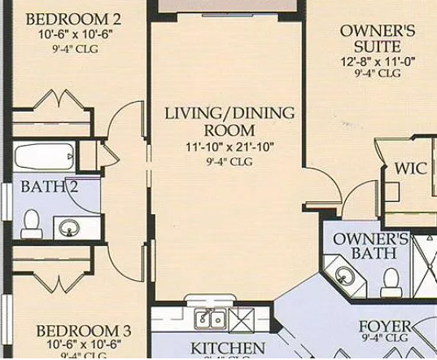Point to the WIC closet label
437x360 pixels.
click(409, 169)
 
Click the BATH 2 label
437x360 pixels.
click(50, 187)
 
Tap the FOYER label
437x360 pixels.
click(385, 327)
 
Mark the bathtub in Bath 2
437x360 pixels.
click(45, 156)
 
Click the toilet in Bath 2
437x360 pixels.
click(32, 222)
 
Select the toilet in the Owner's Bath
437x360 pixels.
click(391, 282)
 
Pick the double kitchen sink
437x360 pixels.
click(210, 318)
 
